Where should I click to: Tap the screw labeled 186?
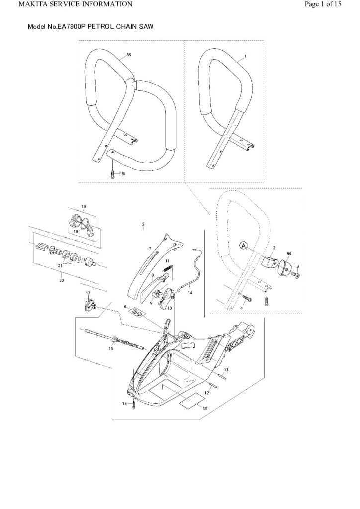tap(113, 173)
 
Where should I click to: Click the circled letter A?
tap(243, 245)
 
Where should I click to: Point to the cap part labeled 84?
tap(287, 267)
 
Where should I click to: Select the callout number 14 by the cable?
tap(189, 293)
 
